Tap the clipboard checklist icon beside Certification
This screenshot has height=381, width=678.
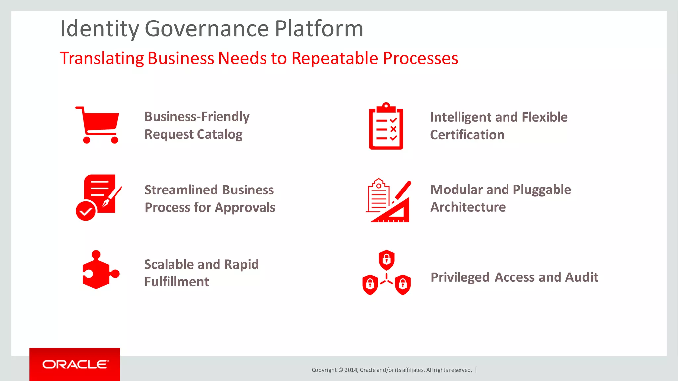(386, 126)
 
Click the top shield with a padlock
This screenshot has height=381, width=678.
(386, 260)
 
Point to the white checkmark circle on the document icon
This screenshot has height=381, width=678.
(86, 211)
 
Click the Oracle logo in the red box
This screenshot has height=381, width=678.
(75, 364)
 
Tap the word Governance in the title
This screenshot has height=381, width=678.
(207, 29)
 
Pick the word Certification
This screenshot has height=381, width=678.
(467, 135)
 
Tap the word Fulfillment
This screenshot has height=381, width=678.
(176, 282)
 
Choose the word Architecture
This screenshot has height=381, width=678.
(468, 207)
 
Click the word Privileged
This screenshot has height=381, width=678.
(460, 277)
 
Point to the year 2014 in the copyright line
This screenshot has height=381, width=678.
(351, 370)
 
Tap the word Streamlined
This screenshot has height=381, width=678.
(181, 190)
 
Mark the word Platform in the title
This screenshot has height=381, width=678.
(319, 29)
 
